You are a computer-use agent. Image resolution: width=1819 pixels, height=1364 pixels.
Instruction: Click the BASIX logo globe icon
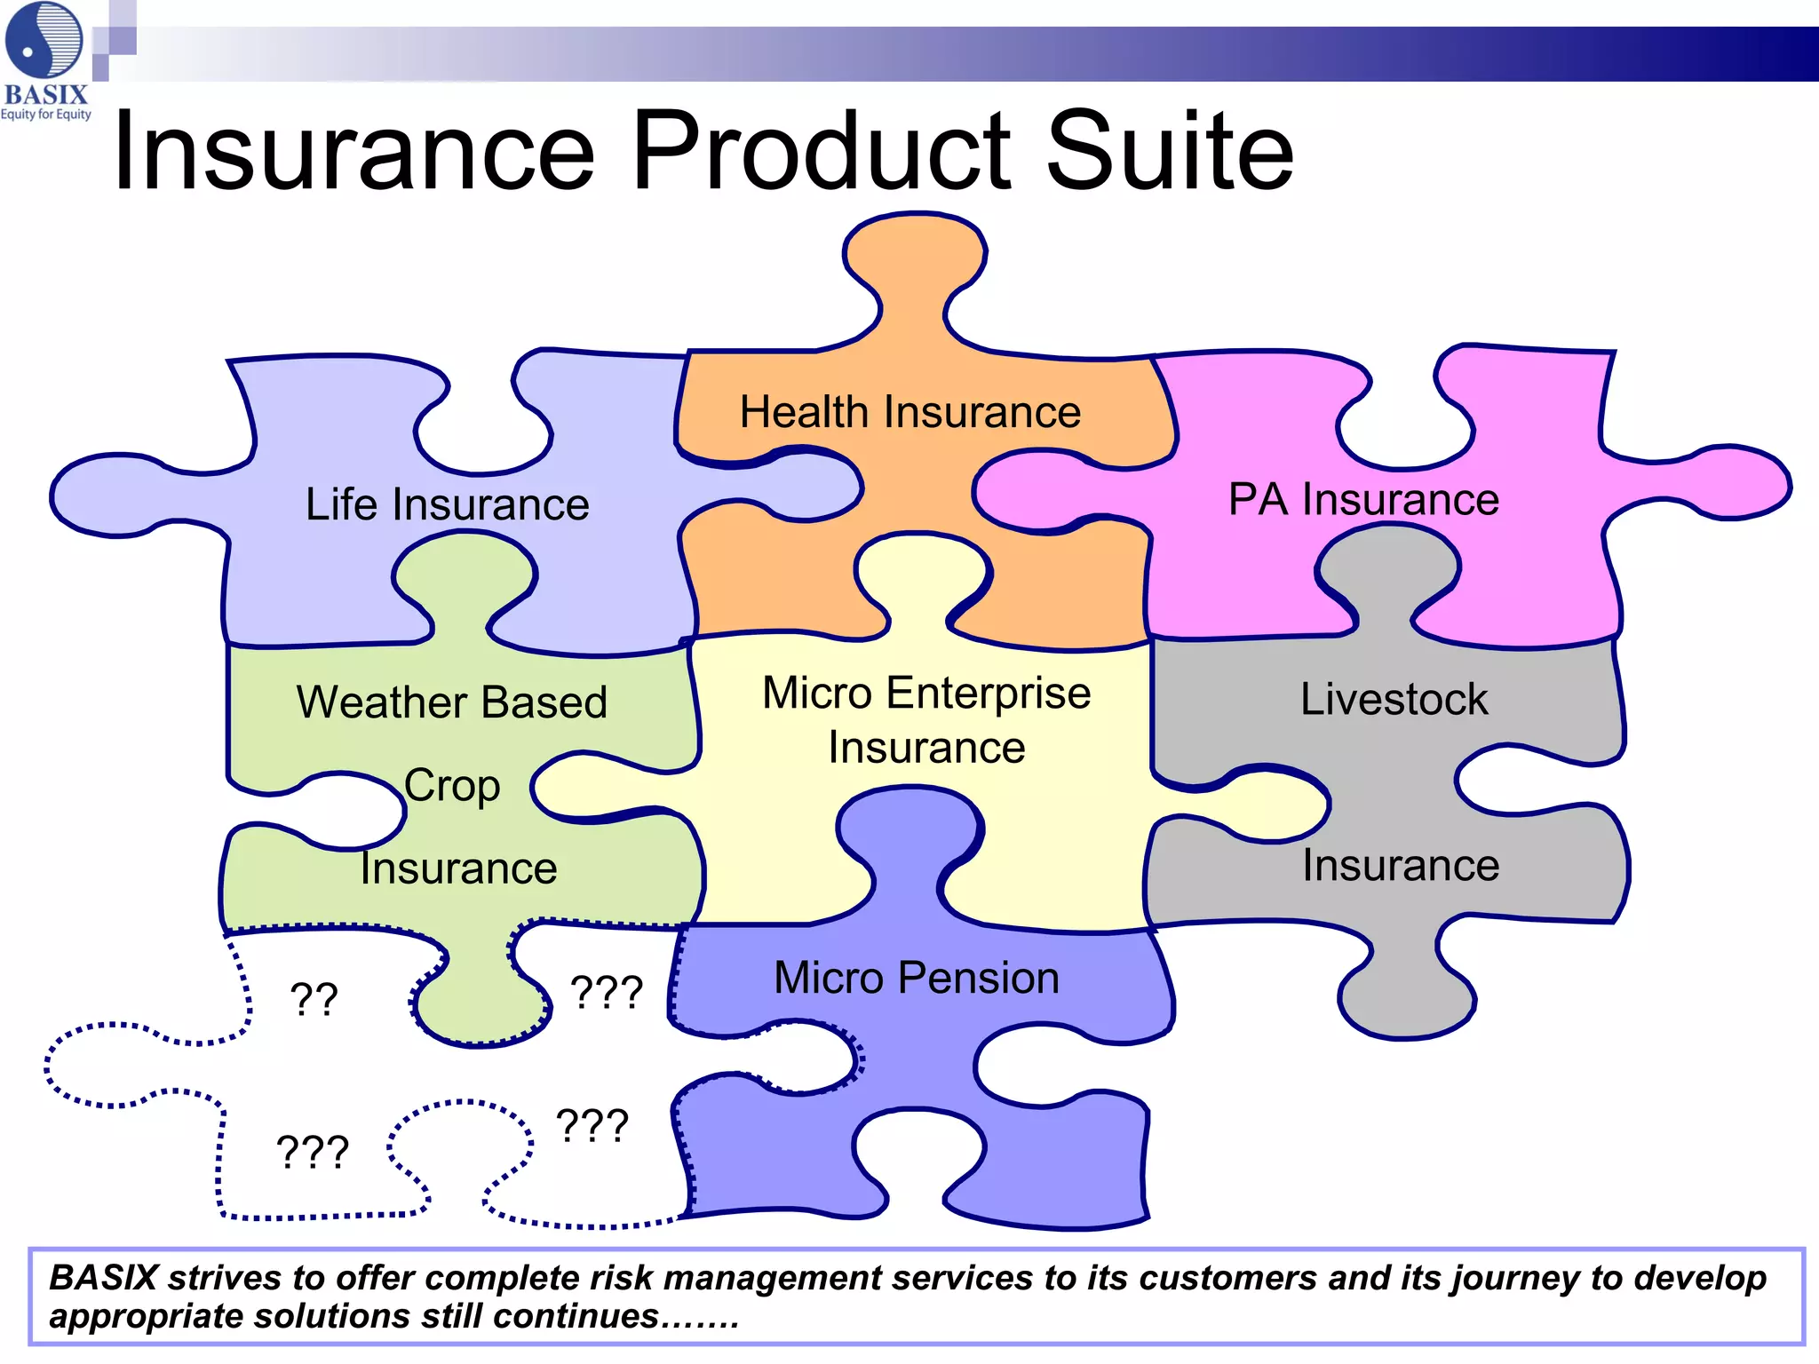(44, 40)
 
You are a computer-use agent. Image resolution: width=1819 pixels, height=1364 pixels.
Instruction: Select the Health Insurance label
(910, 412)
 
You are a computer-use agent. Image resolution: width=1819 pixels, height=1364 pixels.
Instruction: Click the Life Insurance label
(447, 504)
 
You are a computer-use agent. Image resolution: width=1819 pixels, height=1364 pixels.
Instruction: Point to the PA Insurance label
(1363, 499)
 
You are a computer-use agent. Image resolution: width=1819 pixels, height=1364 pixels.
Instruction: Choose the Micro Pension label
(917, 978)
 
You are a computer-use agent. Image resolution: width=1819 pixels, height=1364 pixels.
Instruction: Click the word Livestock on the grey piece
(1394, 699)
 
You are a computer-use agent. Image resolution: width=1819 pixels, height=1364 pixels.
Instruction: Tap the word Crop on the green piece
(452, 786)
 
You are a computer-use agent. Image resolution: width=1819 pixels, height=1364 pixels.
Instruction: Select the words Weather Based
(452, 702)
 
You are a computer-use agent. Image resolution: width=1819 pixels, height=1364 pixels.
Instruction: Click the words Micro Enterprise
(926, 693)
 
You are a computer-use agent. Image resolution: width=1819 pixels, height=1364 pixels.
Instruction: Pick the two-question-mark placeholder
(314, 999)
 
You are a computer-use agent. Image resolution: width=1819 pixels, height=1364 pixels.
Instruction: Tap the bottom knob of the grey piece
(1407, 999)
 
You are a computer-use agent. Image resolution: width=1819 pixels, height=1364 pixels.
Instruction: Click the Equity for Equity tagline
(46, 115)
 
